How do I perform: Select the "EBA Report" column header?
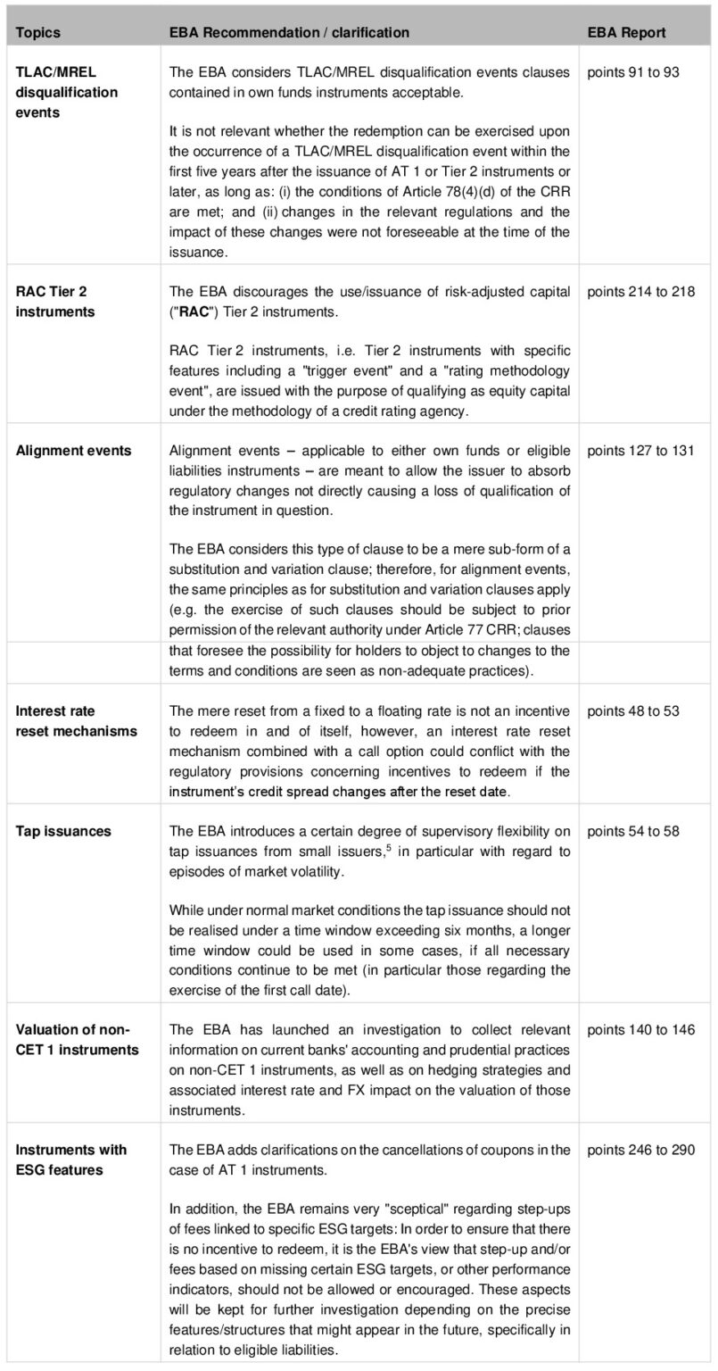point(626,32)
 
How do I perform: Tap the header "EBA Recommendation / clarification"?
point(289,32)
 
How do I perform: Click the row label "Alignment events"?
point(73,451)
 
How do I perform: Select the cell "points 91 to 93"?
point(633,72)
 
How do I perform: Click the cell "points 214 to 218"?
point(640,291)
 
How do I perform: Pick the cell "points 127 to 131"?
point(640,451)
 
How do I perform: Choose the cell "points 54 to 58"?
point(633,831)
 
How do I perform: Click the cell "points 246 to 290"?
point(640,1150)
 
